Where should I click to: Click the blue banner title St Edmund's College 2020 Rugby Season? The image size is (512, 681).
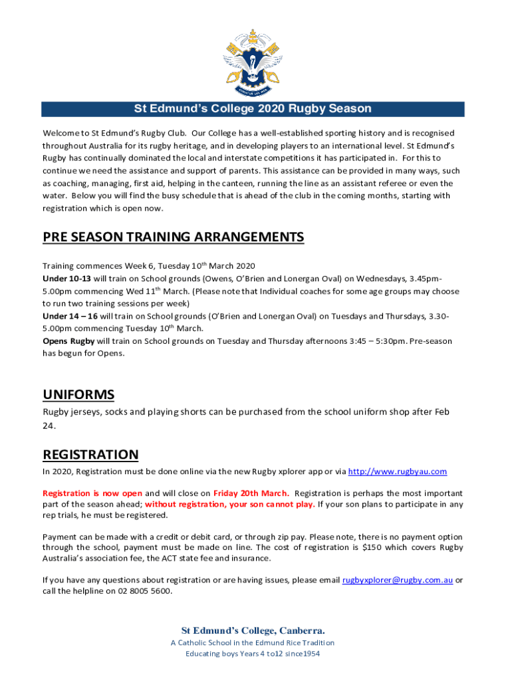tap(253, 109)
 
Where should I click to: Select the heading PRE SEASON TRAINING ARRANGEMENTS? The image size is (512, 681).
tap(174, 237)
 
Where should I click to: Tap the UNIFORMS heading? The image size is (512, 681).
tap(78, 394)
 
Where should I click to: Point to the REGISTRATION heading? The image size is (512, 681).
tap(90, 455)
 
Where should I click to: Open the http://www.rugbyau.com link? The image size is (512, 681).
tap(398, 472)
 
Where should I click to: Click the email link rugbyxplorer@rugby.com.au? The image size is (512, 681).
tap(398, 580)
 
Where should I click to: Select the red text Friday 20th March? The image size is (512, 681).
tap(251, 493)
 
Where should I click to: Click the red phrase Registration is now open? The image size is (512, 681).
tap(92, 493)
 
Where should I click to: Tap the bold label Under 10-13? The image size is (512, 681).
tap(66, 278)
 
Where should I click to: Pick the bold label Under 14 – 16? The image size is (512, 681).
tap(70, 316)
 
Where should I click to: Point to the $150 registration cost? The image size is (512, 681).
tap(372, 547)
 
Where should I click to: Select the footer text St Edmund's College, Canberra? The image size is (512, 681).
tap(253, 630)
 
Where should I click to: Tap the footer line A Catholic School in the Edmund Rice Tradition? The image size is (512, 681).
tap(253, 643)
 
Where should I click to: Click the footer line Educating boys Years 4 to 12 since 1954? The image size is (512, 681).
tap(253, 654)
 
